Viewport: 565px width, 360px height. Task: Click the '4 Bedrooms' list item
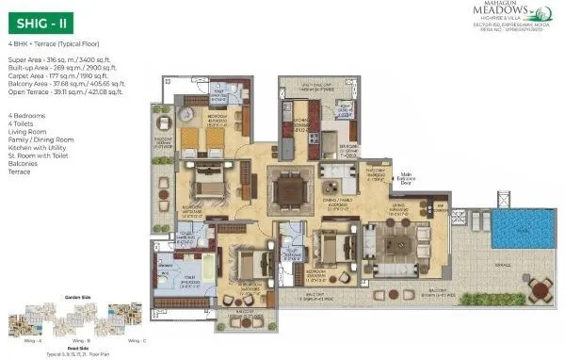tap(26, 114)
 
